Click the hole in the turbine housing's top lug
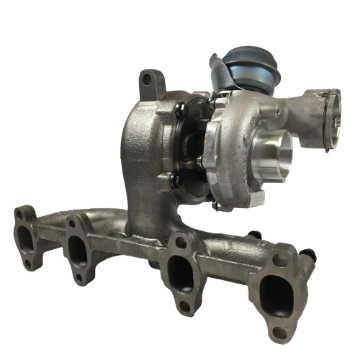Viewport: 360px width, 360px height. (151, 78)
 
